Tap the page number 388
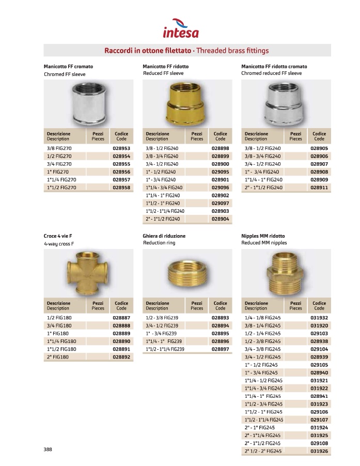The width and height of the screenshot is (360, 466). (49, 449)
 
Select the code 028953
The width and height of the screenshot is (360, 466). (121, 148)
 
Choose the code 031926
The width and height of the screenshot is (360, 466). (319, 451)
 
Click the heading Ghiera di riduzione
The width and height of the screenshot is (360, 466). (164, 236)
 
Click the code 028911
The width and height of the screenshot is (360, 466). (319, 187)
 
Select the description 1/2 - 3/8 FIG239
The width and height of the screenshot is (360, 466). (162, 318)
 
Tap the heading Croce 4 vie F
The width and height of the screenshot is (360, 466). (58, 236)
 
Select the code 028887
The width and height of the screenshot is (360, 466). (121, 318)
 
